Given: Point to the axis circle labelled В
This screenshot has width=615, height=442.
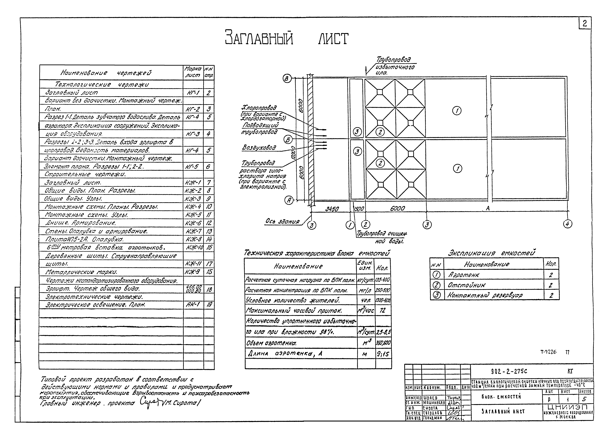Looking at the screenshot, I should pyautogui.click(x=287, y=79).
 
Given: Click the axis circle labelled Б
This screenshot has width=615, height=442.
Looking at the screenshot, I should pyautogui.click(x=288, y=140).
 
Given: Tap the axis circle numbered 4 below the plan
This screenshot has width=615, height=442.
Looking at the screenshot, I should pyautogui.click(x=568, y=224).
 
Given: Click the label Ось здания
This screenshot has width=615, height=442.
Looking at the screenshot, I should pyautogui.click(x=282, y=222).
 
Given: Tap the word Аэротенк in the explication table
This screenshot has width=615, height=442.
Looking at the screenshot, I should pyautogui.click(x=464, y=275).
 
